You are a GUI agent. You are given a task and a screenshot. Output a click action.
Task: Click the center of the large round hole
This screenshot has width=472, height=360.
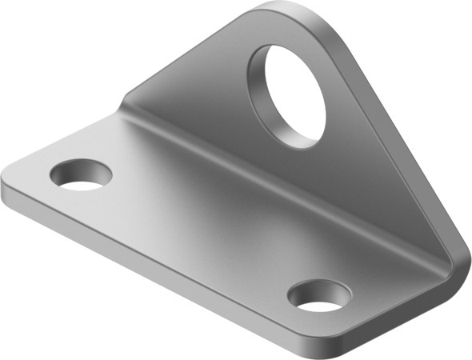point(294,94)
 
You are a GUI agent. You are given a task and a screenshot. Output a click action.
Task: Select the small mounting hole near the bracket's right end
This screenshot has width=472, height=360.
point(319,295)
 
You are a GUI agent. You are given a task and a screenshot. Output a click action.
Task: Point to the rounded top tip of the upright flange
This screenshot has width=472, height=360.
point(288,16)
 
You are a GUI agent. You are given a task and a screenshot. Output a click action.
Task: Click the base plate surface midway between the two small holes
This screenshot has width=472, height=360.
point(200,232)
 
